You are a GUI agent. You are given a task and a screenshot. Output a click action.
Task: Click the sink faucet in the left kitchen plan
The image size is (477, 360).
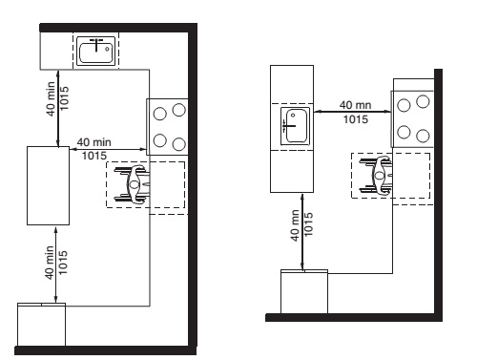[96, 44]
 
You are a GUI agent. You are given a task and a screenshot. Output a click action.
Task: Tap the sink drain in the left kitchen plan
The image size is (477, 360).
[107, 49]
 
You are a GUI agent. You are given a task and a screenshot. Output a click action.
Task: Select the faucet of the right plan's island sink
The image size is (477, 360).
[288, 126]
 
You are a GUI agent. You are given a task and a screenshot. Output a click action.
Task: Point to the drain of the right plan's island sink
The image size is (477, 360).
[293, 116]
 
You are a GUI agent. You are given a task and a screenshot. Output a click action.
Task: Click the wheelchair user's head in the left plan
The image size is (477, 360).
[135, 184]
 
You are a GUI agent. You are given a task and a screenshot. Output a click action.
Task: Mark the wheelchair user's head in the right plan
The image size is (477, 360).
[379, 176]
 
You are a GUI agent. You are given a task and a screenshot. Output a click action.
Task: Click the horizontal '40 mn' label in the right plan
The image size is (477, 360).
[355, 105]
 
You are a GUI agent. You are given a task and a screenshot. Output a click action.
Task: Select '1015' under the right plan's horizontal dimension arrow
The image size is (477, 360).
[356, 119]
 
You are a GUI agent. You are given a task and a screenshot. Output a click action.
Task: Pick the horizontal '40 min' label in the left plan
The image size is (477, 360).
[94, 142]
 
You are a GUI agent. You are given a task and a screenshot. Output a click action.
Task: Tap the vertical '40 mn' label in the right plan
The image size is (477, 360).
[295, 225]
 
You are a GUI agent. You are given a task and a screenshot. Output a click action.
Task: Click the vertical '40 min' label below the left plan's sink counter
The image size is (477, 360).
[51, 99]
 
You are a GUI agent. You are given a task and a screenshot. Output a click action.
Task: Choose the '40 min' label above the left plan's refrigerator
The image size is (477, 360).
[50, 263]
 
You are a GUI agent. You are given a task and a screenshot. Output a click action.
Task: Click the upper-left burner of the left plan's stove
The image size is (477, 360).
[159, 114]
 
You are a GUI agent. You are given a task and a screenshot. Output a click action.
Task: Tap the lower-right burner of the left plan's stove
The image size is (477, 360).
[179, 144]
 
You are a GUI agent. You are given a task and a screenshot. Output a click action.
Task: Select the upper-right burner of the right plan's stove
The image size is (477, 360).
[423, 101]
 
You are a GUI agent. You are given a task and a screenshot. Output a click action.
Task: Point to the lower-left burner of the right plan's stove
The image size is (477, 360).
[404, 132]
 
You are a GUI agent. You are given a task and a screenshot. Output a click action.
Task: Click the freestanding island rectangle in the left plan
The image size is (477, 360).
[48, 185]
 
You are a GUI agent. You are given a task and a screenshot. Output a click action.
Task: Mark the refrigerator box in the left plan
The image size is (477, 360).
[41, 325]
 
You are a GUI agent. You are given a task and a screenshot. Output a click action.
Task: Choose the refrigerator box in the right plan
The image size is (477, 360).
[304, 291]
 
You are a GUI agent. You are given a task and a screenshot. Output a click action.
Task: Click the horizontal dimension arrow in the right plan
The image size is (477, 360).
[352, 112]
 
